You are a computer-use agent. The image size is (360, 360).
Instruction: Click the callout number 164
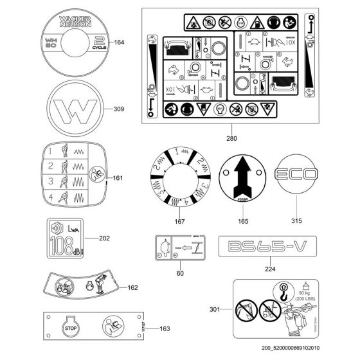[x=119, y=43]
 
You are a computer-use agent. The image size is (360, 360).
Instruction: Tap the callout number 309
[x=118, y=109]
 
